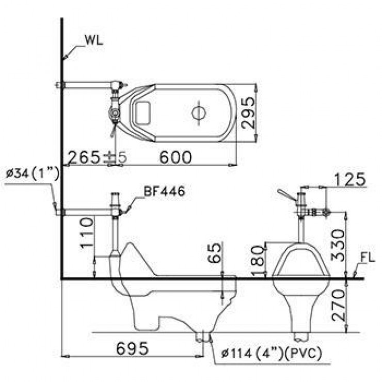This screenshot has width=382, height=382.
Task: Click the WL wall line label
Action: point(94,41)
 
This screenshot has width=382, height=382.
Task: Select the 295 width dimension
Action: point(248,113)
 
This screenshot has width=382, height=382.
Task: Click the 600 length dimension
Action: point(176,157)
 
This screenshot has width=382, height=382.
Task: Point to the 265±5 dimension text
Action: point(97,157)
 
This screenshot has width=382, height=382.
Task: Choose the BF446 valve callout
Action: point(165,191)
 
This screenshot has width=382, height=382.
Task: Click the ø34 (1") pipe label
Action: point(33,174)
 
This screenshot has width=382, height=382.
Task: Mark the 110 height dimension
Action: point(87,233)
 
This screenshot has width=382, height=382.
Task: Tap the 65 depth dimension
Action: point(214,253)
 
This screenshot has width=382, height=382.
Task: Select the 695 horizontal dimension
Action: point(132,348)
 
